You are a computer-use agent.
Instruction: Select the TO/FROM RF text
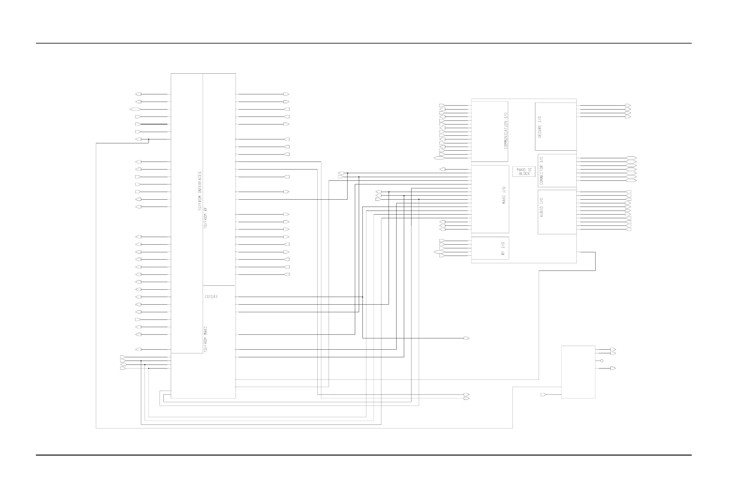pos(205,218)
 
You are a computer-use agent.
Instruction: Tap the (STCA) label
pos(211,297)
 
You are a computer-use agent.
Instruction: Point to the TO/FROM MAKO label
pos(206,340)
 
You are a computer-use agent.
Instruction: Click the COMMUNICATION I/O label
pos(505,131)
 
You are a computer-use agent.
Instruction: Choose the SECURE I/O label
pos(539,127)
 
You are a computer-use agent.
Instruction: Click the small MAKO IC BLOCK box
pos(524,172)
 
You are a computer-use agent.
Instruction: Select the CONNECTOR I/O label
pos(541,171)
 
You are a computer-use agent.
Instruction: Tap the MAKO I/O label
pos(504,196)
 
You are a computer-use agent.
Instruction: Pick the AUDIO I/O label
pos(541,207)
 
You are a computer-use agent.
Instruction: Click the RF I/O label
pos(503,249)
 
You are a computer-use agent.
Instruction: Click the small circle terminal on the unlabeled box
pos(602,361)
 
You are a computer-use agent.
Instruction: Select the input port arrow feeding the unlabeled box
pos(544,395)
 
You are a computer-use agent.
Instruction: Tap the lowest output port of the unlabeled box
pos(613,368)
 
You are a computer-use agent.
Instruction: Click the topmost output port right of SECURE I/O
pos(628,106)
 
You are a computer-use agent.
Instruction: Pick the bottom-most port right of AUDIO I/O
pos(628,229)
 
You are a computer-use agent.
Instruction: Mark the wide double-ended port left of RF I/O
pos(439,252)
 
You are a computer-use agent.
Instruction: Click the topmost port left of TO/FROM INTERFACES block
pos(138,94)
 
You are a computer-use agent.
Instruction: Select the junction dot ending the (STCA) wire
pos(362,297)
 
